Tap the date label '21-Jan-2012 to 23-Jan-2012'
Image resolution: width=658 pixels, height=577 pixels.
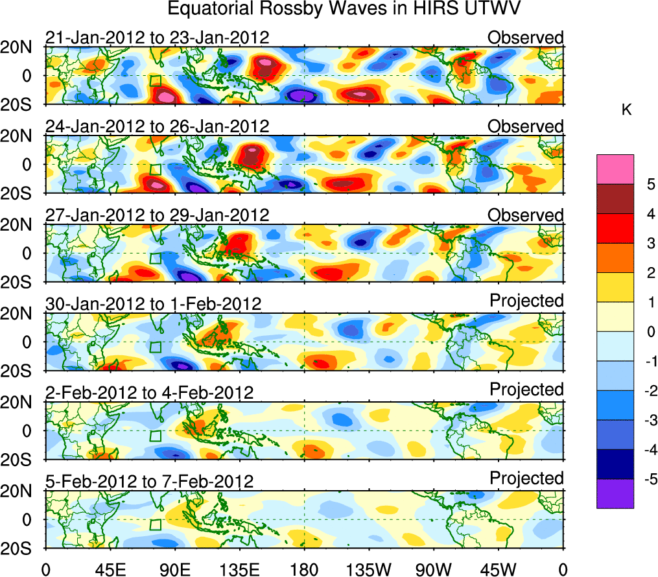click(157, 38)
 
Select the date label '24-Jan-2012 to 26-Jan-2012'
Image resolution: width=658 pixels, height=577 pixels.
click(157, 126)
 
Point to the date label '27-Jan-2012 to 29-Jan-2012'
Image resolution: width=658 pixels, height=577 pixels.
click(157, 215)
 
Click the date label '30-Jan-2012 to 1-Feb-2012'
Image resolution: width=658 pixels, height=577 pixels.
click(153, 304)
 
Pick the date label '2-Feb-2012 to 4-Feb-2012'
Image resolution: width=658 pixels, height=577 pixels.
click(149, 393)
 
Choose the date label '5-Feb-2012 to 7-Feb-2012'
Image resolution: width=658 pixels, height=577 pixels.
click(149, 482)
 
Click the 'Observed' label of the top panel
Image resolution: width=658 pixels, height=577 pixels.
click(526, 38)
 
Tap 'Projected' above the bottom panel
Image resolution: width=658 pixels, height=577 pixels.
click(526, 478)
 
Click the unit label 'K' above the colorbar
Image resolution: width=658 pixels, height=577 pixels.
click(626, 111)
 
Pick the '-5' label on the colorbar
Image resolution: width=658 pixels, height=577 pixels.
click(648, 479)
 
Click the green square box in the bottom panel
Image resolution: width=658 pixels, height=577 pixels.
click(155, 524)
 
